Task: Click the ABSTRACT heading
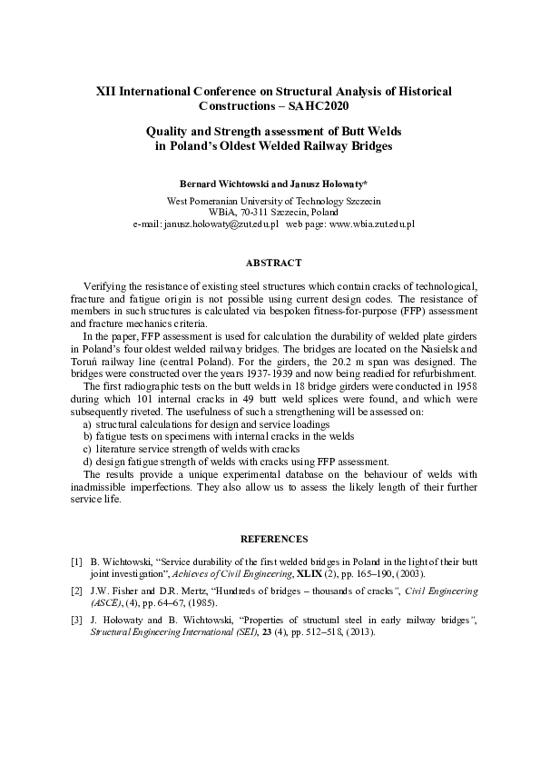click(x=273, y=263)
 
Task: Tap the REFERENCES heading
click(x=273, y=538)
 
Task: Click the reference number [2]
click(x=77, y=591)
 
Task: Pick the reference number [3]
click(x=77, y=620)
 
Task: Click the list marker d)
click(x=87, y=462)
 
